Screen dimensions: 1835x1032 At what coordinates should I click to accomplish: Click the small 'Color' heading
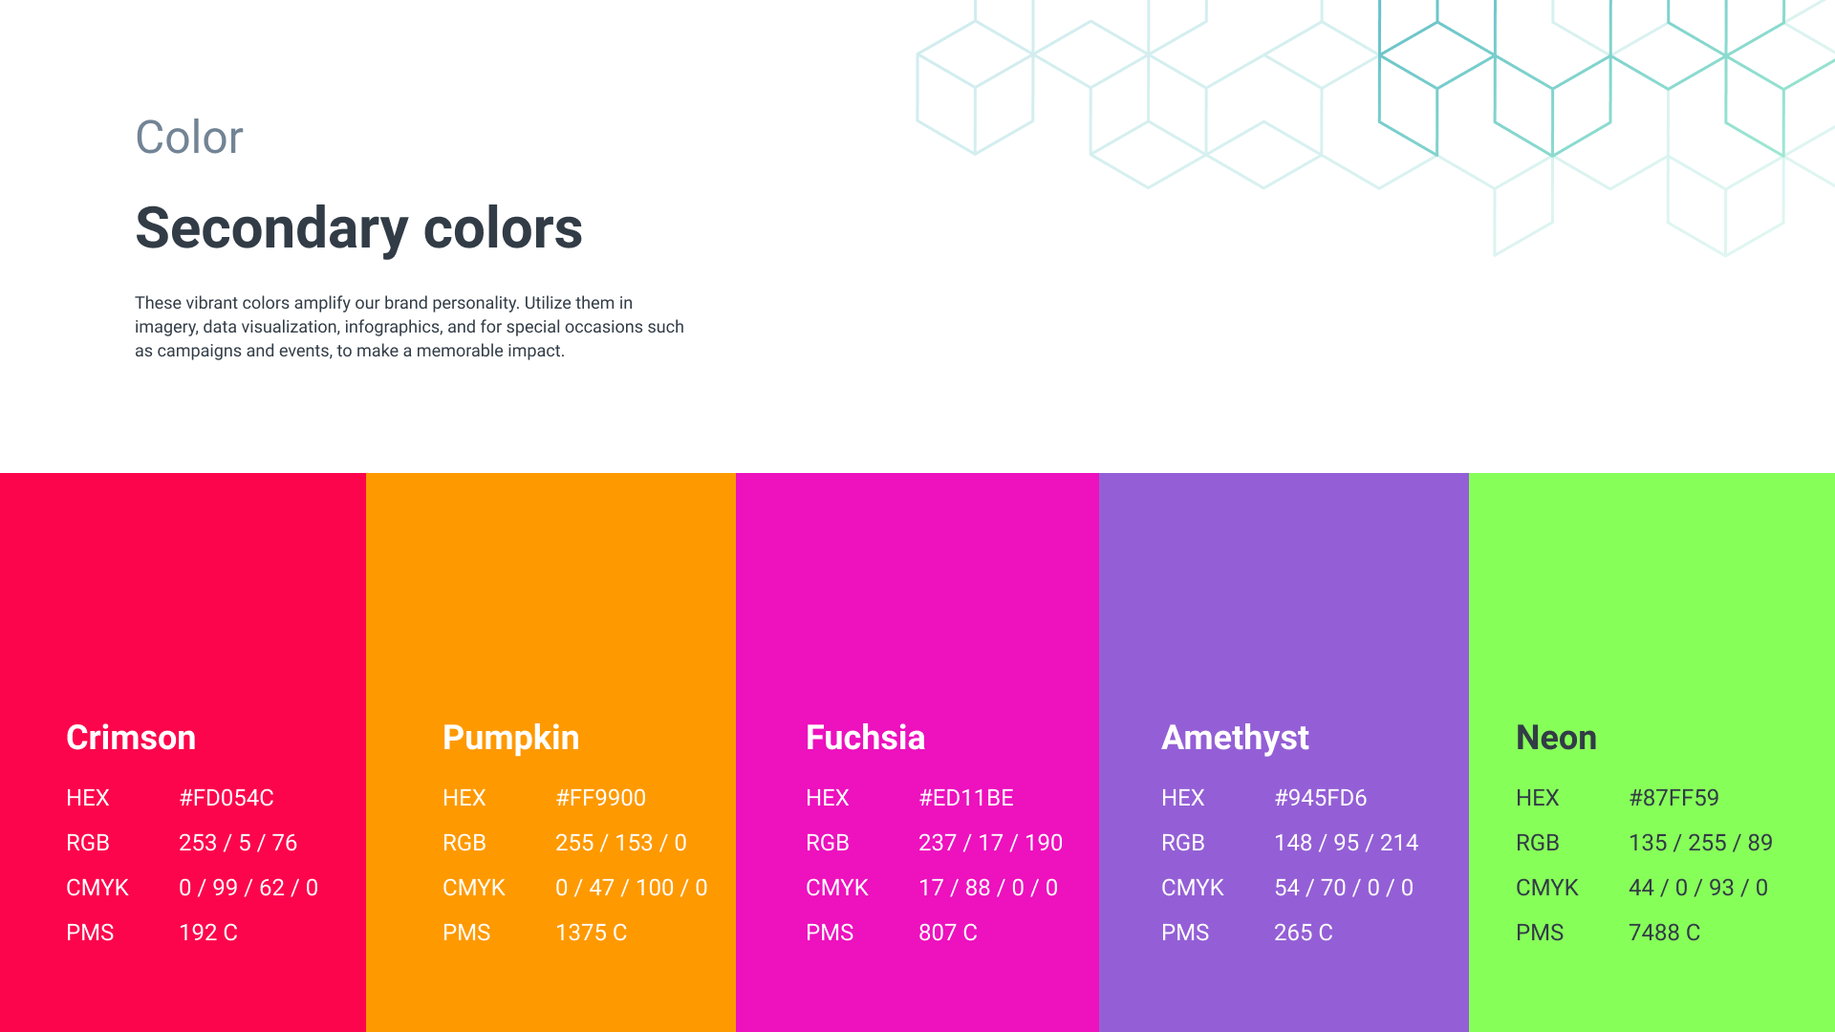click(189, 138)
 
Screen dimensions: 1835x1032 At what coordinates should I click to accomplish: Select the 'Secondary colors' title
click(359, 228)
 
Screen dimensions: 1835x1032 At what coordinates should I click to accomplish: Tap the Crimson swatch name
click(131, 738)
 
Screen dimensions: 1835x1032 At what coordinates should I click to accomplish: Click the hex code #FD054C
click(227, 798)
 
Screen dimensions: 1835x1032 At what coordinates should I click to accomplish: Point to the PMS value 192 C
click(208, 933)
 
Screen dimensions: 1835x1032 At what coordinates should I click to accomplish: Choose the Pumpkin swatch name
click(511, 739)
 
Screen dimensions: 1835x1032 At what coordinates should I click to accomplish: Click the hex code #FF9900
click(601, 798)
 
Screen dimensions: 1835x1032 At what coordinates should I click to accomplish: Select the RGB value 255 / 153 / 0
click(621, 843)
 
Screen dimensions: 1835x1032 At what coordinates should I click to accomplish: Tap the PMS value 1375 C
click(592, 933)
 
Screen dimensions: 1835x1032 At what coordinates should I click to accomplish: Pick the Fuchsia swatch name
click(866, 738)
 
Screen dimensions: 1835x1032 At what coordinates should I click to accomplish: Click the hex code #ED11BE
click(966, 798)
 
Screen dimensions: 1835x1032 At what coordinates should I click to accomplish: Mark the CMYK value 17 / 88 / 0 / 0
click(988, 888)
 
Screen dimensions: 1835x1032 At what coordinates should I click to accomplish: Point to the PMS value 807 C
click(948, 933)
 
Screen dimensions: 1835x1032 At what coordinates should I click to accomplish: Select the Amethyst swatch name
click(1235, 739)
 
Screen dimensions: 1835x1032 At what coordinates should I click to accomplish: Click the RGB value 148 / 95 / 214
click(1347, 843)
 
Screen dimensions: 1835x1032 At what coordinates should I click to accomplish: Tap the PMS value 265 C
click(1304, 933)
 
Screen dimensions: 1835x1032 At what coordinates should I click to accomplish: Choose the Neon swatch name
click(1556, 738)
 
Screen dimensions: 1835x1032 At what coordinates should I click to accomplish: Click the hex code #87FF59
click(1674, 798)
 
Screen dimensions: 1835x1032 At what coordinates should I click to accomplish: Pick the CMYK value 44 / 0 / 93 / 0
click(1698, 888)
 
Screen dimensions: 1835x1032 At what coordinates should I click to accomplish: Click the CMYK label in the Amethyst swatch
click(1193, 888)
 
